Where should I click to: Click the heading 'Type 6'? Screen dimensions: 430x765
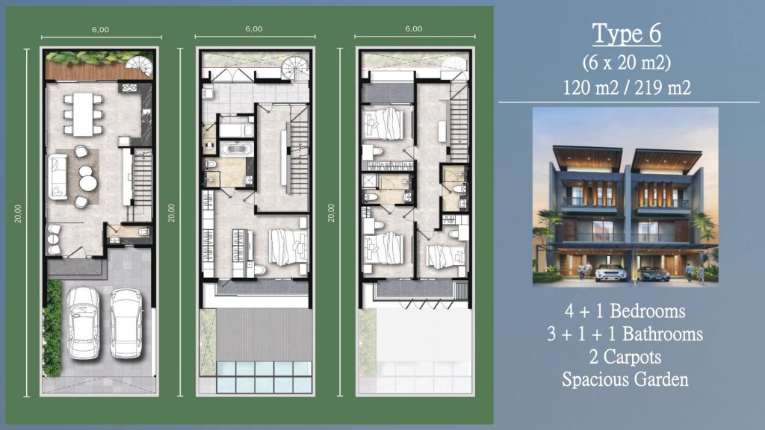pos(627,34)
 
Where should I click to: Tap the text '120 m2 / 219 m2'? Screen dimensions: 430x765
pos(627,87)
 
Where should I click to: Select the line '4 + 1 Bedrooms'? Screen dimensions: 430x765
pos(626,311)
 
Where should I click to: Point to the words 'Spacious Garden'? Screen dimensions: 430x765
pos(625,379)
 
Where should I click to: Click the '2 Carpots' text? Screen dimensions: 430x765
pos(626,357)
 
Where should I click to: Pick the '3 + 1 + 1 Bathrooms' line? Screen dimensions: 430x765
pos(625,334)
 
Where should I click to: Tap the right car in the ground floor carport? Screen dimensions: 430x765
pos(126,322)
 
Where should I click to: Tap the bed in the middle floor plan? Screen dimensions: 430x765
pos(288,247)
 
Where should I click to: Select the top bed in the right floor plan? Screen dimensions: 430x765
pos(382,124)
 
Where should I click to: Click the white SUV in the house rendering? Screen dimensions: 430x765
pos(610,272)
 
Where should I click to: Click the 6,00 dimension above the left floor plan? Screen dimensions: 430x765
pos(100,30)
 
